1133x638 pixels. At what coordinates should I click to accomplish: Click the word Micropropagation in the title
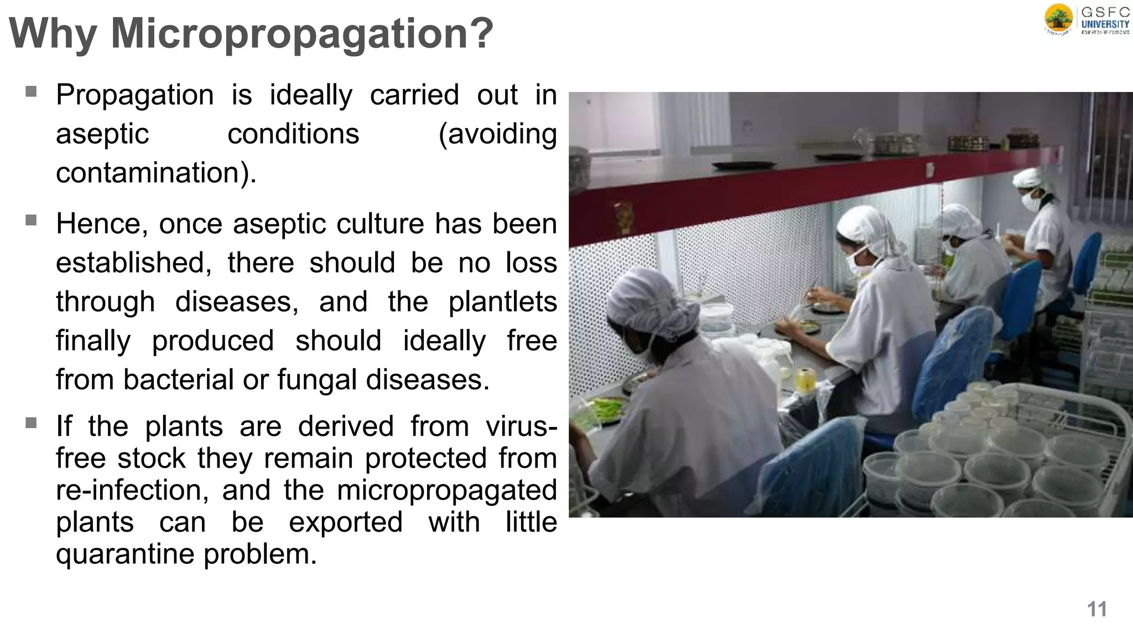302,34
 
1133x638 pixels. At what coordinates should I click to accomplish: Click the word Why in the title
54,34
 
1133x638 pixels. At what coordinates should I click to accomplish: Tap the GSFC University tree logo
1058,19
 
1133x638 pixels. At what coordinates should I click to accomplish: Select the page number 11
1096,609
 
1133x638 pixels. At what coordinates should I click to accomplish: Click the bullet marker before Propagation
31,91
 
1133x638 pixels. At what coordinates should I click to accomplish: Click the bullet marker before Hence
31,220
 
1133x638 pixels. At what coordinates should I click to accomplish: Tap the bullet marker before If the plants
31,424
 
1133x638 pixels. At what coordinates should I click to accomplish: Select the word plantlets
502,302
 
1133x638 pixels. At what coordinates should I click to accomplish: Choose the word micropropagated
446,490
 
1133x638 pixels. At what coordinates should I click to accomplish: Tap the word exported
346,522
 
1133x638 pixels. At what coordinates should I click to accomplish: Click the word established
133,263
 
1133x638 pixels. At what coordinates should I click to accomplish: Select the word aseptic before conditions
102,135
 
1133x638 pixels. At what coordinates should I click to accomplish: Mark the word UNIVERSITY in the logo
1105,24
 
